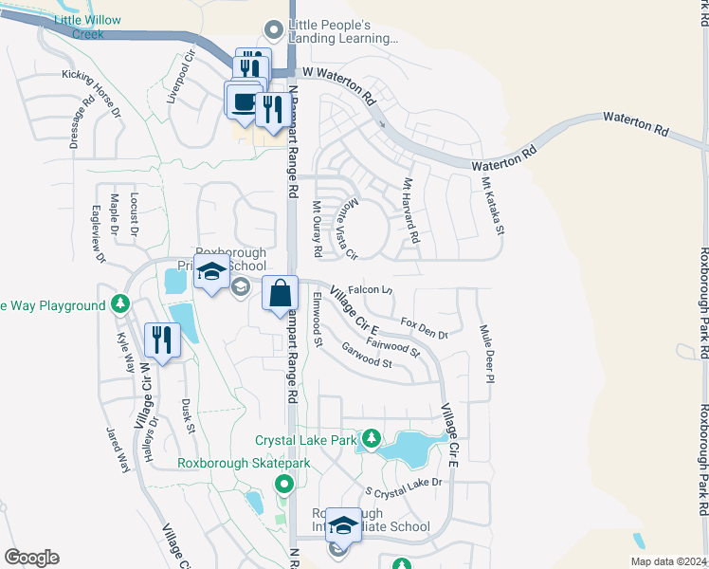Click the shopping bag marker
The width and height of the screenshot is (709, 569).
coord(281,294)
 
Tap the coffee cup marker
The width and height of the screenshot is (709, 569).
coord(243,101)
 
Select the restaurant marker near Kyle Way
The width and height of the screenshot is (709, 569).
coord(162,340)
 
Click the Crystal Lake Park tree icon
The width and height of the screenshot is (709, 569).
coord(373,438)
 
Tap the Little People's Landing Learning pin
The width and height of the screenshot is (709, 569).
coord(275,31)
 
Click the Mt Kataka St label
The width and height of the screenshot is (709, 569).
coord(493,206)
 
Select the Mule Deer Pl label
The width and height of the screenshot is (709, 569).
coord(487,353)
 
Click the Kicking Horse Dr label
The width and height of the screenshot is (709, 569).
coord(92,93)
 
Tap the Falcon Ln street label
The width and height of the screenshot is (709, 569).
coord(370,289)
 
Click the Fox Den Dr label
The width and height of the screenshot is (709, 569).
coord(424,328)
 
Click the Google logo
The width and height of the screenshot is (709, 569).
coord(31,558)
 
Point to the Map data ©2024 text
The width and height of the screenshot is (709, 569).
coord(666,561)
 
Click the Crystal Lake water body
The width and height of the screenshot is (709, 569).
coord(409,446)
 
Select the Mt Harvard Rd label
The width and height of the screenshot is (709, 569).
coord(410,211)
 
